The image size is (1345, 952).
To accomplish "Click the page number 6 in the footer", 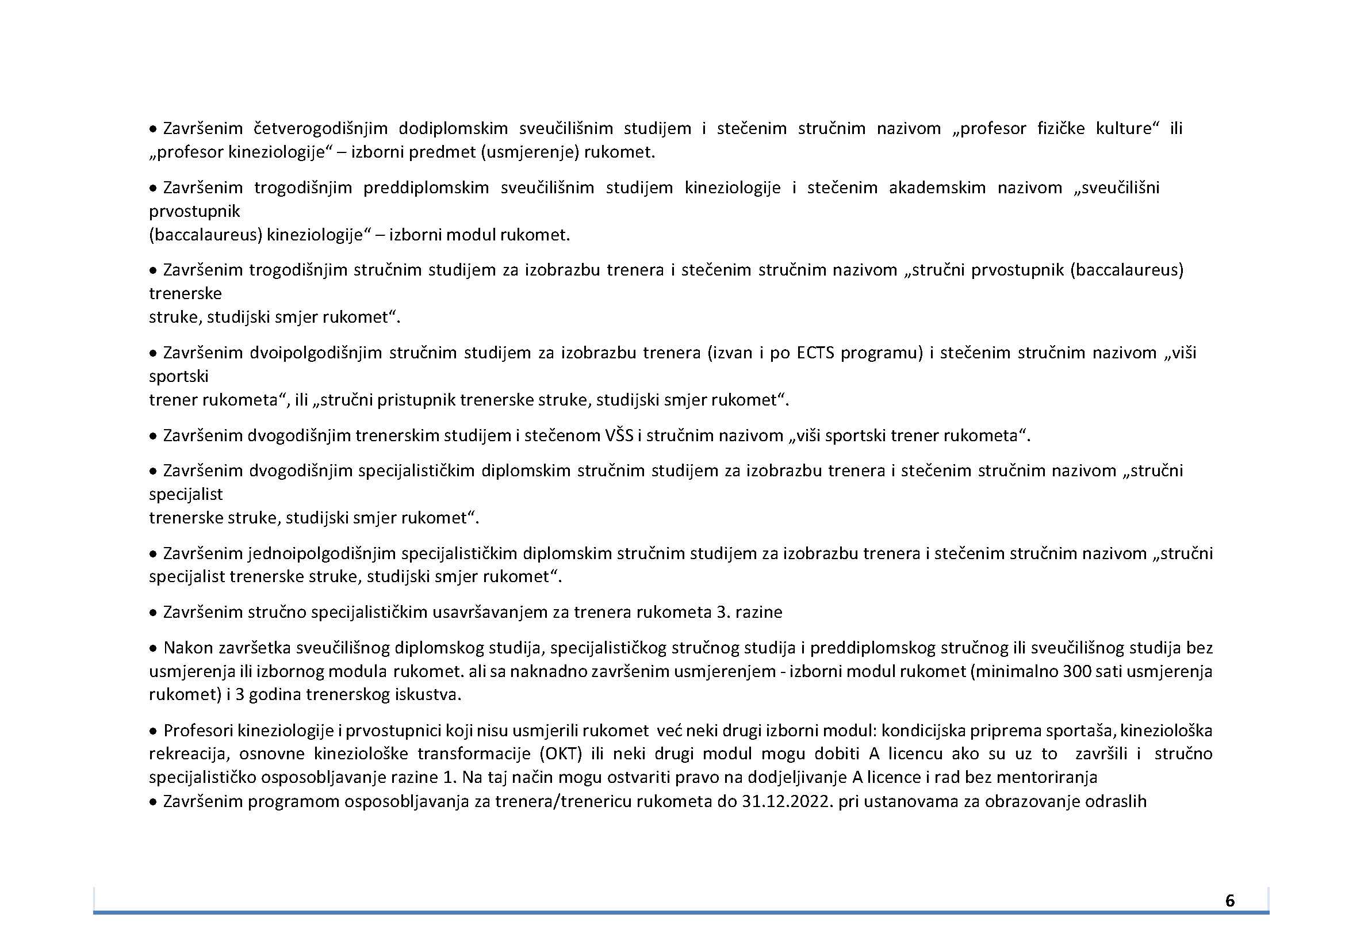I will (x=1229, y=900).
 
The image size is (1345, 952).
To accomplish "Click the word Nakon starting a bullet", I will (x=188, y=648).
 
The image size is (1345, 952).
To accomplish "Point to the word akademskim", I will (x=937, y=188).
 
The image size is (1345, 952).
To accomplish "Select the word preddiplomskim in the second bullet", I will (x=426, y=188).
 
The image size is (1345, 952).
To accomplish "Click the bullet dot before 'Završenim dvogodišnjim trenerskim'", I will (x=153, y=436).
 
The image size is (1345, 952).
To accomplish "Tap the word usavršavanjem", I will (x=500, y=612).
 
